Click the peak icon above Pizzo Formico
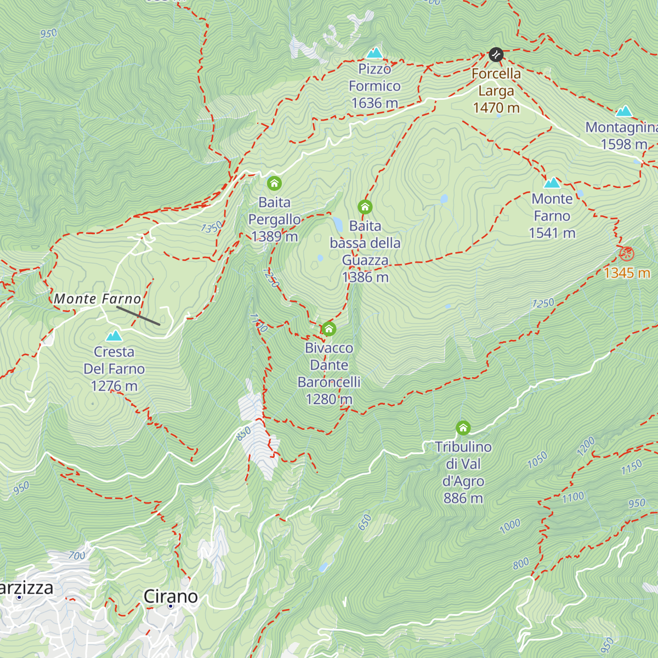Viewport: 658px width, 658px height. click(375, 53)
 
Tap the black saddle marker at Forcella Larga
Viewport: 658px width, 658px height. click(496, 54)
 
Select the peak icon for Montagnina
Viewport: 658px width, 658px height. click(623, 111)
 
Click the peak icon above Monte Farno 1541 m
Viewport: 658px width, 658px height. click(552, 183)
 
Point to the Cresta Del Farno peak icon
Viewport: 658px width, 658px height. click(114, 336)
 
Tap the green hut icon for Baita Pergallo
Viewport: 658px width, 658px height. click(274, 184)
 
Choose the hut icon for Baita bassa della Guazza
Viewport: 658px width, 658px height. click(365, 207)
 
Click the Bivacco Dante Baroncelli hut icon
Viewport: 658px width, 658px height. click(328, 329)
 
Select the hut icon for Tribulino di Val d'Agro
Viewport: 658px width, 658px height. click(463, 428)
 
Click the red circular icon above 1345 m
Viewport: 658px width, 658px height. click(626, 254)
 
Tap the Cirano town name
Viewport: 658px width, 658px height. click(171, 596)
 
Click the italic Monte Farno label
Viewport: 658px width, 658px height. click(98, 299)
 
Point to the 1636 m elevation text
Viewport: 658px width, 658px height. click(375, 103)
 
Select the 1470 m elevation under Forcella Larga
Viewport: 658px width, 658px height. click(496, 107)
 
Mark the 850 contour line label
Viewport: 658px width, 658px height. click(243, 433)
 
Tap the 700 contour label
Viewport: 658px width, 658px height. click(77, 555)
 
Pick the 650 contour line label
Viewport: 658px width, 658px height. click(365, 523)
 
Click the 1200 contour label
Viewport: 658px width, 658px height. click(586, 446)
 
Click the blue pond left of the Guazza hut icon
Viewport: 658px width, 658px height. click(338, 224)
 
